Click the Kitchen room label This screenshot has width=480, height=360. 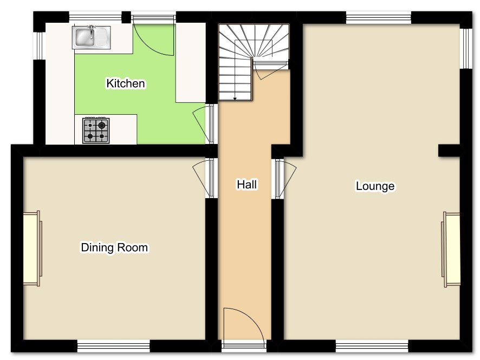pyautogui.click(x=126, y=83)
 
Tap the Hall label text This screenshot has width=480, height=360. pyautogui.click(x=247, y=185)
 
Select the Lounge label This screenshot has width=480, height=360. pyautogui.click(x=375, y=186)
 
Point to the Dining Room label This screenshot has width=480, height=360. pyautogui.click(x=114, y=247)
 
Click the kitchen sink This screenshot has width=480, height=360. pyautogui.click(x=91, y=37)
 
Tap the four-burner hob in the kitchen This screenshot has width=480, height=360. pyautogui.click(x=96, y=130)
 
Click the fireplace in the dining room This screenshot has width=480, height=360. pyautogui.click(x=33, y=248)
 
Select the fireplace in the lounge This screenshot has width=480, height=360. pyautogui.click(x=451, y=250)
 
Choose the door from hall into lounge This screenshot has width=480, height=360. pyautogui.click(x=286, y=179)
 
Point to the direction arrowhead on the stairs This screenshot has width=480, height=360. pyautogui.click(x=235, y=99)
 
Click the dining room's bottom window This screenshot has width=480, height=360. pyautogui.click(x=113, y=345)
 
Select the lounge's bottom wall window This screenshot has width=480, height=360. pyautogui.click(x=372, y=345)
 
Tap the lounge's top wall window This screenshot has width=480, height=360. pyautogui.click(x=378, y=17)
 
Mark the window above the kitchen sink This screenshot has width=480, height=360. pyautogui.click(x=95, y=17)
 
